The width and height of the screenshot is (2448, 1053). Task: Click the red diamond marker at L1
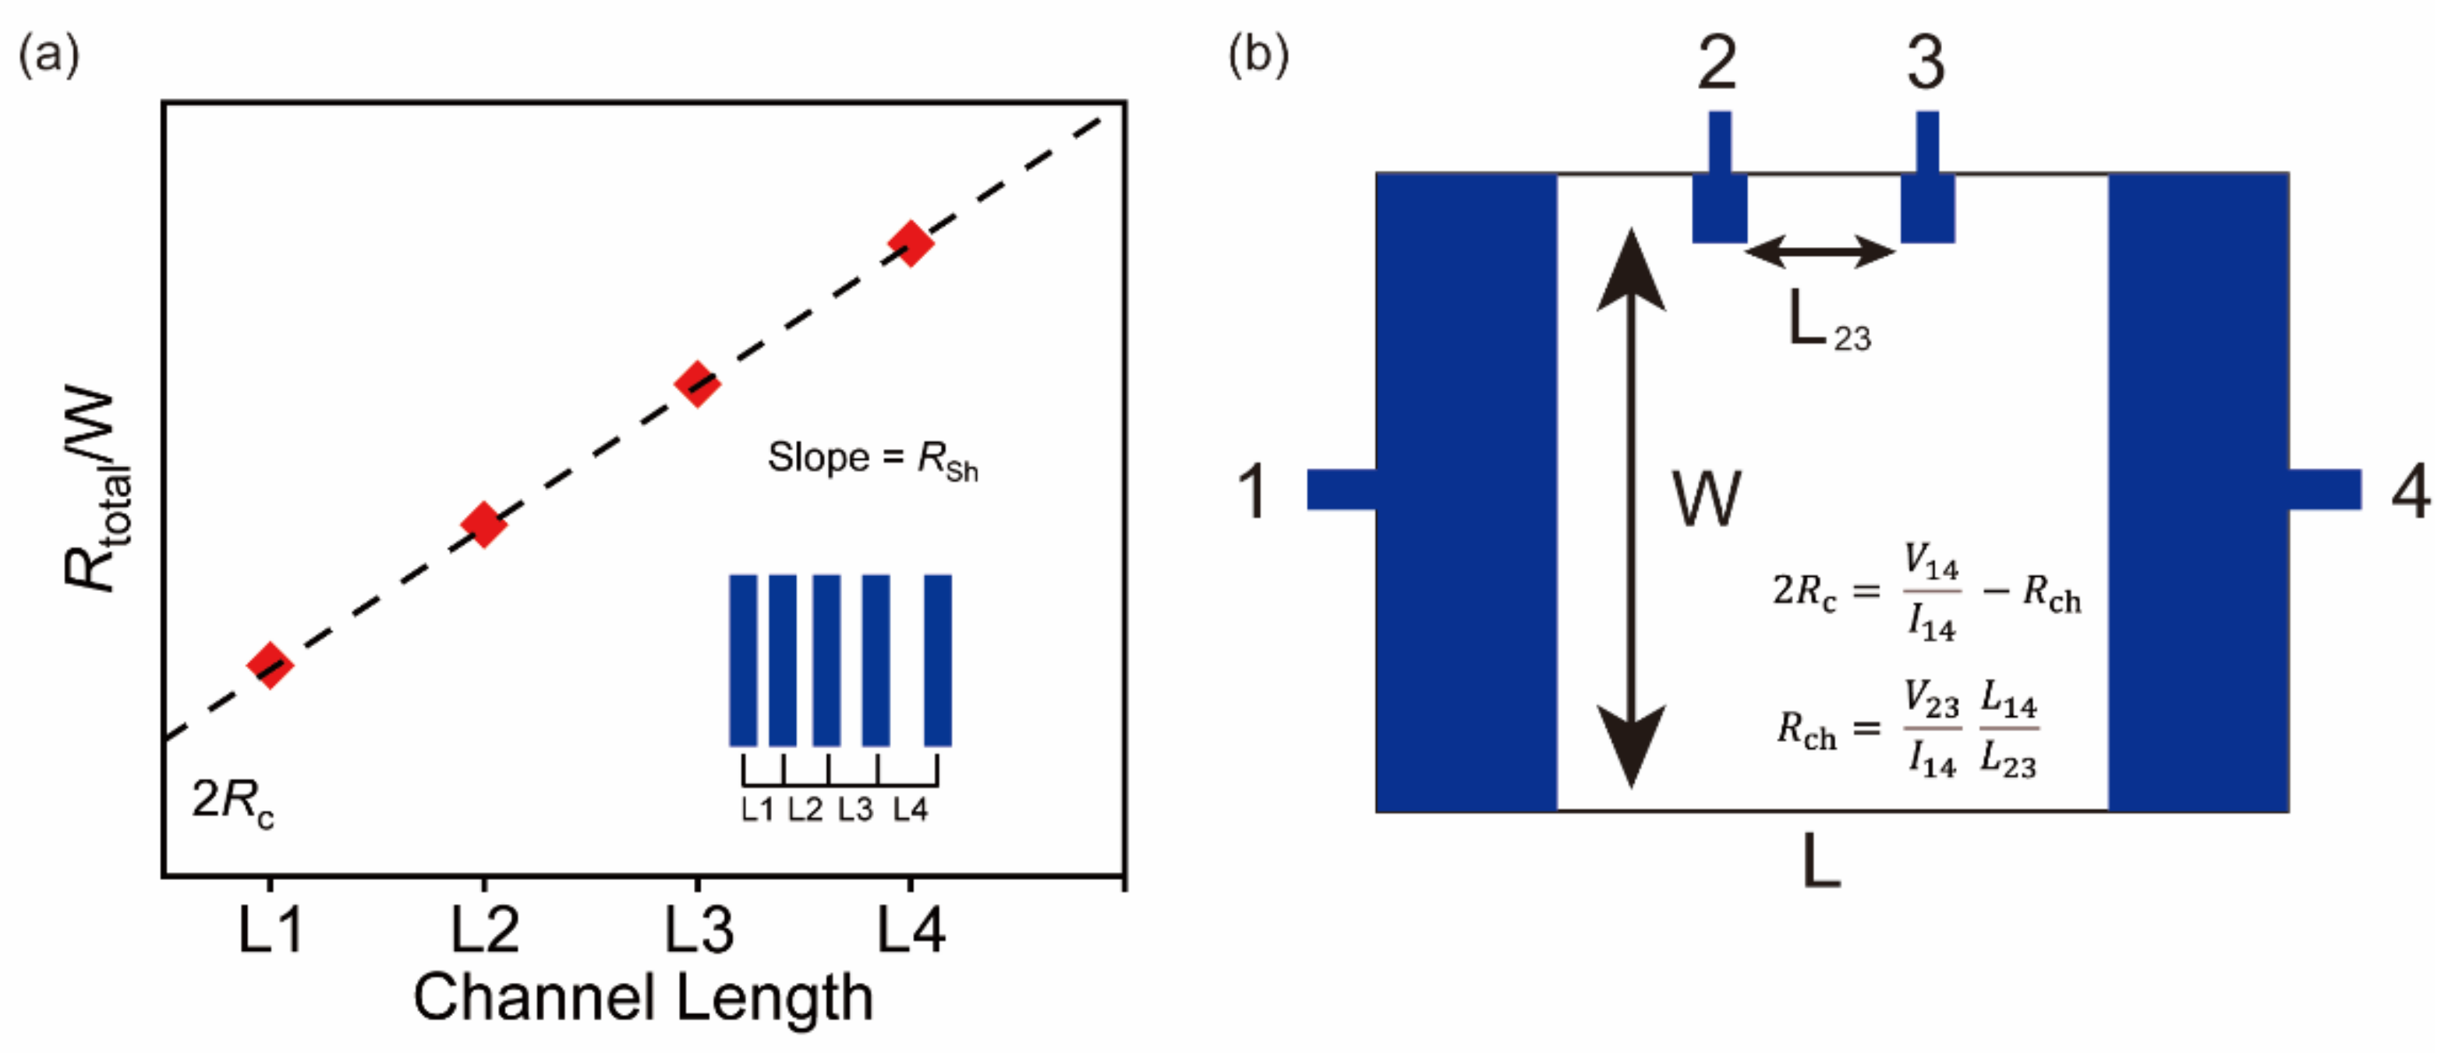[270, 664]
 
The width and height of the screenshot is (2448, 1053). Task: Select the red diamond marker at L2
[483, 524]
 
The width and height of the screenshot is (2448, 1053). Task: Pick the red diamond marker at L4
[911, 243]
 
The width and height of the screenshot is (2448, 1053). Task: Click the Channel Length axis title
[642, 998]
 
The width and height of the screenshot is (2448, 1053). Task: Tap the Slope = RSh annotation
[872, 460]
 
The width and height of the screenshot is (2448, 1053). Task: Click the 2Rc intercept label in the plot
[232, 800]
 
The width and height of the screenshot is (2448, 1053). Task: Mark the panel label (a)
[48, 55]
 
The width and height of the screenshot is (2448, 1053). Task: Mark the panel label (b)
[1258, 55]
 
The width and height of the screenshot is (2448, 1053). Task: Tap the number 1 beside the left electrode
[1253, 491]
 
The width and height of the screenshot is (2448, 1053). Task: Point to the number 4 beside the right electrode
[2411, 491]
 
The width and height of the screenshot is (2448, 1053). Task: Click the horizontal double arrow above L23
[1820, 252]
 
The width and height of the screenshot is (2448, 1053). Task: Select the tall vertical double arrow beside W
[1631, 508]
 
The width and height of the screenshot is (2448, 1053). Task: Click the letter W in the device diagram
[1707, 498]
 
